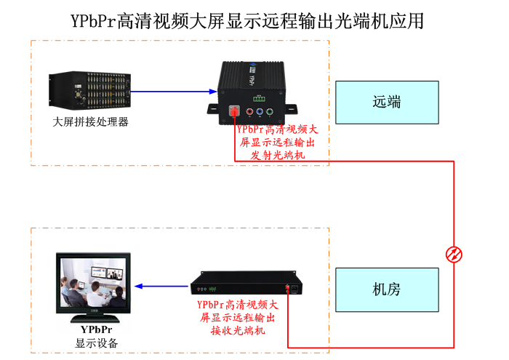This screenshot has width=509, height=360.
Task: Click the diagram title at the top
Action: tap(247, 20)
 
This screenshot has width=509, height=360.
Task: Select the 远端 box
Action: tap(387, 103)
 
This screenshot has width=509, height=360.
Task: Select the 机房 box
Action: tap(387, 289)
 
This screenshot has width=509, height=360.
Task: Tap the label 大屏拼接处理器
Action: tap(91, 121)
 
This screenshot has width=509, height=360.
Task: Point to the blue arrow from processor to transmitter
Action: tap(175, 92)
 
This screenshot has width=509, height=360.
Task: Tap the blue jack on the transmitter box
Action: tap(260, 113)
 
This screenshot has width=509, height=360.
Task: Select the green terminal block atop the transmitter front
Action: tap(257, 97)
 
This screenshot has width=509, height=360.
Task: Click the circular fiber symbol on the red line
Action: tap(454, 254)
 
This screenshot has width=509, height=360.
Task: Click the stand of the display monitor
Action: tap(92, 317)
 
